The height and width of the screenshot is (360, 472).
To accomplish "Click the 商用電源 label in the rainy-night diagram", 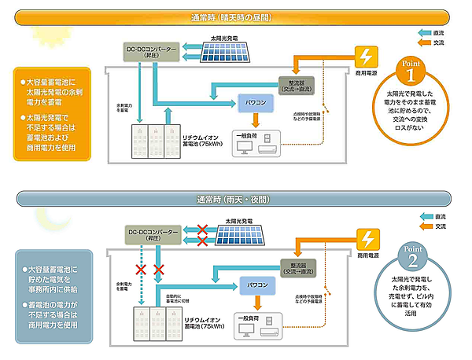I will point(367,255).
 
